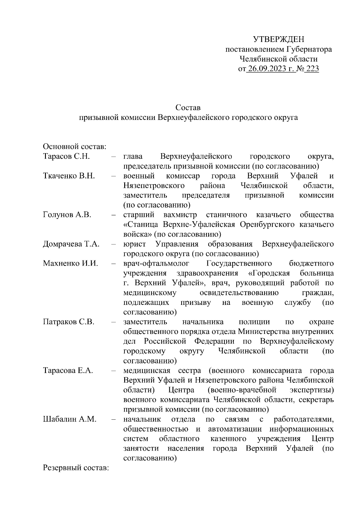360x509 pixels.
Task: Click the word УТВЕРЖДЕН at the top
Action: pyautogui.click(x=278, y=39)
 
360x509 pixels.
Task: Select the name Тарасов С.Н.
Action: pyautogui.click(x=67, y=156)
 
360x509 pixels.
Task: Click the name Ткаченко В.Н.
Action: pyautogui.click(x=69, y=176)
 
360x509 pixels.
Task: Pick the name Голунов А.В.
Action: pyautogui.click(x=67, y=215)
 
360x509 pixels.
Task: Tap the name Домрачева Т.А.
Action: pyautogui.click(x=71, y=244)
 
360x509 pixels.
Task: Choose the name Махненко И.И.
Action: pyautogui.click(x=70, y=263)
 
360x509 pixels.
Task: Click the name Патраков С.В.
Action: pyautogui.click(x=69, y=322)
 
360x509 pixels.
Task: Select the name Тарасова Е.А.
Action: pyautogui.click(x=68, y=371)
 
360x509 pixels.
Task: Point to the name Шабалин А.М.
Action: pyautogui.click(x=70, y=419)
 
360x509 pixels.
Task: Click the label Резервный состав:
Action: pyautogui.click(x=76, y=468)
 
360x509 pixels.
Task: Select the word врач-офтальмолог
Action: pyautogui.click(x=156, y=263)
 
